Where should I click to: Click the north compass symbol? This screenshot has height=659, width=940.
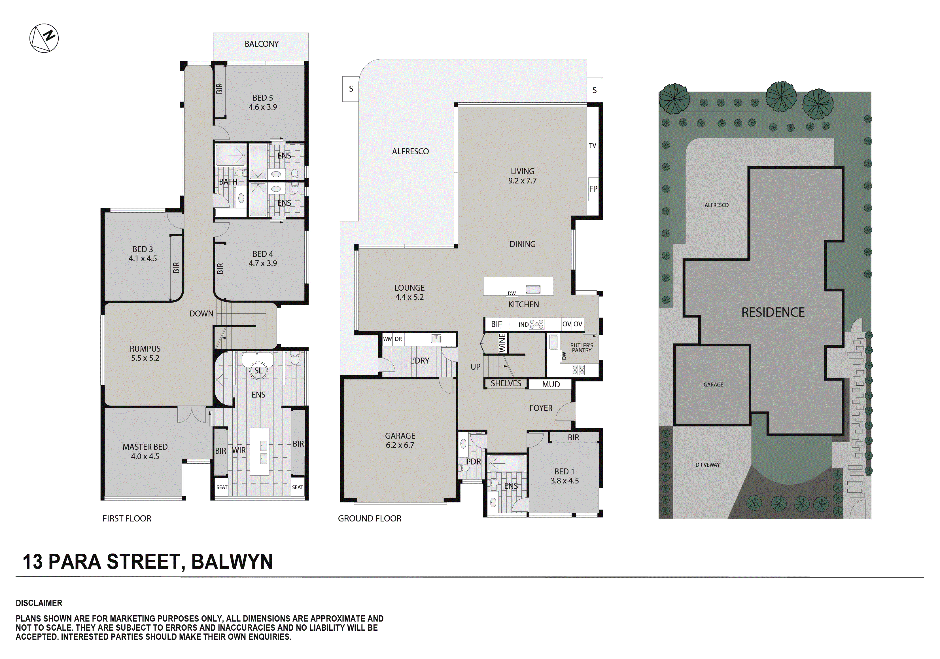(44, 38)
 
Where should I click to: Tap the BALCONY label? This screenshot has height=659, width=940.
(261, 44)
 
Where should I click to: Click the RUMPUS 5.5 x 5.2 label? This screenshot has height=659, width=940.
(145, 353)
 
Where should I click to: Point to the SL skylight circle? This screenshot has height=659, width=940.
(258, 371)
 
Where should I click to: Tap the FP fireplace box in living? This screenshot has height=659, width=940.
(593, 189)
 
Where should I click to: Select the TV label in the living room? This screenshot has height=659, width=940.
(592, 145)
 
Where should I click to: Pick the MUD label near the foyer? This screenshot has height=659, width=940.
(551, 384)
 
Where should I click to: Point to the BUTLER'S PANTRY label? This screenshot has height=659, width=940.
(581, 348)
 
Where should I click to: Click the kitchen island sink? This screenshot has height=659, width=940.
(533, 289)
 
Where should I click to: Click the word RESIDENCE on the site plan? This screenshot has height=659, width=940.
(773, 312)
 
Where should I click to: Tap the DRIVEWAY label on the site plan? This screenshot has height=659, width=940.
(707, 465)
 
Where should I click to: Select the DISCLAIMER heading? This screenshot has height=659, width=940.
(39, 603)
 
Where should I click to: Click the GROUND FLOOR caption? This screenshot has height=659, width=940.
(369, 519)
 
